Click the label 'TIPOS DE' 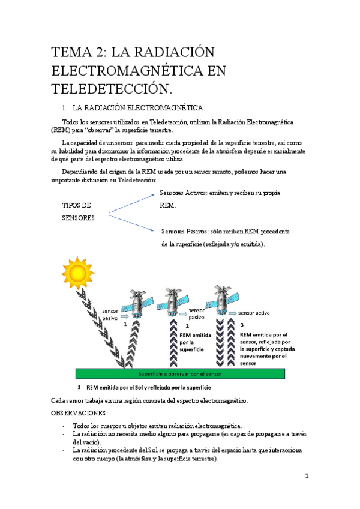[x=76, y=205]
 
